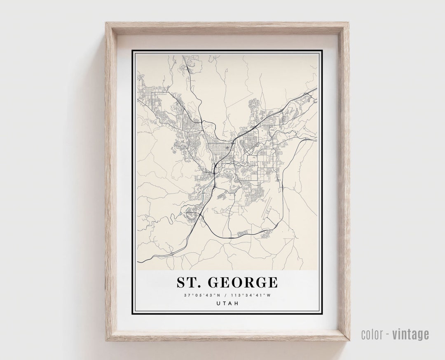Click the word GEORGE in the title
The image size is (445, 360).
[243, 282]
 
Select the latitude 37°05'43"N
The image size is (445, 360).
[202, 295]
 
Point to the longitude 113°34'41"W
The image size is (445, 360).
[252, 295]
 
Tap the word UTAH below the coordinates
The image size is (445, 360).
[227, 303]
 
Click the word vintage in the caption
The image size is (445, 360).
[410, 334]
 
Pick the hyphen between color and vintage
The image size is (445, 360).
[388, 334]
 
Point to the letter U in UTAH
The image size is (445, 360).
[218, 303]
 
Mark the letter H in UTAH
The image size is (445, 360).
[236, 303]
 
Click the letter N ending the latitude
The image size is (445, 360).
[219, 295]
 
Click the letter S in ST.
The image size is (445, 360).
[182, 282]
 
